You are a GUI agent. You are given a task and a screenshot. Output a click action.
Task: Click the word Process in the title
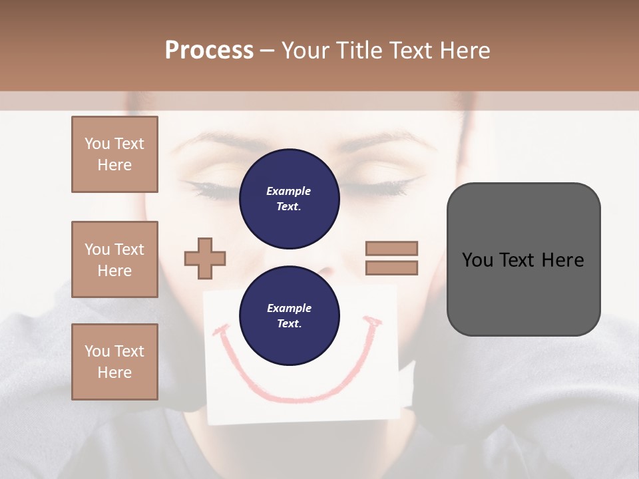(209, 50)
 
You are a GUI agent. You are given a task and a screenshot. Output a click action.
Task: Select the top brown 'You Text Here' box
(114, 154)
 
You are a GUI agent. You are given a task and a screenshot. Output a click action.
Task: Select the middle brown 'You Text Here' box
(114, 259)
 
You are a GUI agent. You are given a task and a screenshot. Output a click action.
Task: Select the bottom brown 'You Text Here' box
(114, 361)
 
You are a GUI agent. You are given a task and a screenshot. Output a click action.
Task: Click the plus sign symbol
(205, 258)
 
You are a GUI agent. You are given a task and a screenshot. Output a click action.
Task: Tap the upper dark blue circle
(290, 199)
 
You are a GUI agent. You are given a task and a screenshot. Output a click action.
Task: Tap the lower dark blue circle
(290, 316)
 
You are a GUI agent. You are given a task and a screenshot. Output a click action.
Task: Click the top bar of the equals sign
(391, 248)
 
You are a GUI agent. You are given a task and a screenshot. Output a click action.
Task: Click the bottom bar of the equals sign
(391, 268)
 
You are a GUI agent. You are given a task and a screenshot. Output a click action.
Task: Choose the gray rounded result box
(523, 259)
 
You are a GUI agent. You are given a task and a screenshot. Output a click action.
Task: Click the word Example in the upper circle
(289, 191)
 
